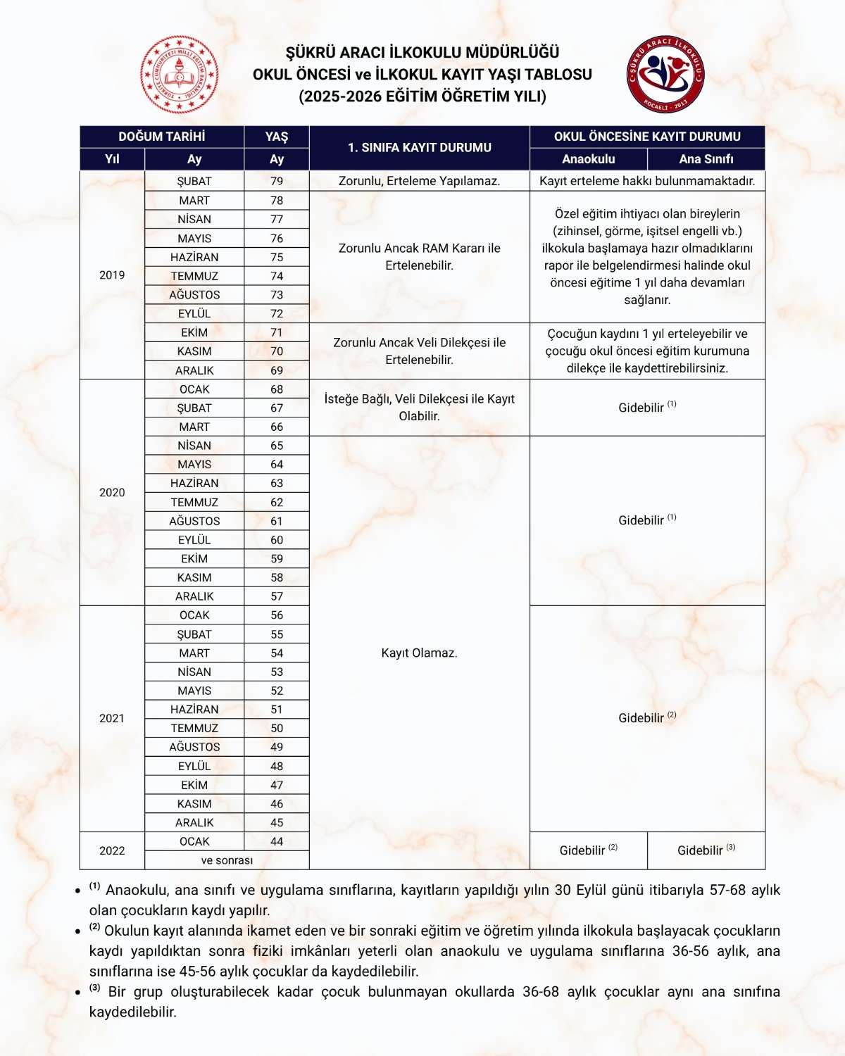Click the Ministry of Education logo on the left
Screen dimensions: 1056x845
pyautogui.click(x=180, y=75)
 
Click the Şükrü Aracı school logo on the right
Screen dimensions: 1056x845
pyautogui.click(x=665, y=74)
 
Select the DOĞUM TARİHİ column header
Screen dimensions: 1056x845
pyautogui.click(x=161, y=137)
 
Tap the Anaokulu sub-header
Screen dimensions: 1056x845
pyautogui.click(x=588, y=159)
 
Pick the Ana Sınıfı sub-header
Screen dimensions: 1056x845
pyautogui.click(x=706, y=159)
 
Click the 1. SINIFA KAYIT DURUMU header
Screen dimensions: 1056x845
pyautogui.click(x=419, y=148)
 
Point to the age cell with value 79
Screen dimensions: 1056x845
pyautogui.click(x=277, y=181)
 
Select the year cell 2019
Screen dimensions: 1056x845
pyautogui.click(x=112, y=275)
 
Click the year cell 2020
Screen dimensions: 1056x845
pyautogui.click(x=112, y=493)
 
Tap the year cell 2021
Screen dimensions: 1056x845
pyautogui.click(x=112, y=718)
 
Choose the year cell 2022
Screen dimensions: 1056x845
pyautogui.click(x=112, y=850)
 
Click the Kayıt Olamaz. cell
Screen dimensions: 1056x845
pyautogui.click(x=419, y=653)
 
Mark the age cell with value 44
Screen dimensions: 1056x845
pyautogui.click(x=277, y=841)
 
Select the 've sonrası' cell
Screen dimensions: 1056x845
pyautogui.click(x=227, y=860)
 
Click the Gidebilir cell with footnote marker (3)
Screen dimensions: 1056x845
pyautogui.click(x=706, y=850)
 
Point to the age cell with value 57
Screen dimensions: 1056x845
pyautogui.click(x=277, y=596)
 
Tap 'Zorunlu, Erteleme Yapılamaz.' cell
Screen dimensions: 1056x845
pyautogui.click(x=419, y=181)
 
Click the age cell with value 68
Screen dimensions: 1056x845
pyautogui.click(x=277, y=389)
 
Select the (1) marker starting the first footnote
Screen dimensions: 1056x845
pyautogui.click(x=95, y=887)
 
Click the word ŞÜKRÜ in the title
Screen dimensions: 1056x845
pyautogui.click(x=310, y=53)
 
